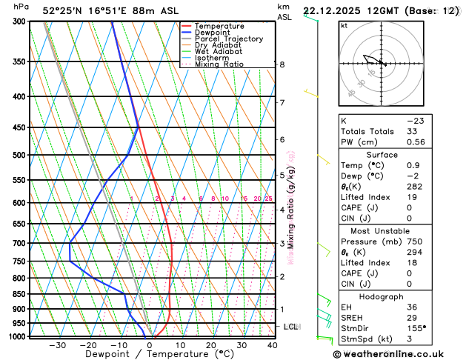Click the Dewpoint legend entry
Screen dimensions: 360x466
point(213,33)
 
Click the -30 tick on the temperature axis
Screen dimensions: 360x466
point(58,345)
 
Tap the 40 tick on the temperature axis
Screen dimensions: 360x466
point(273,345)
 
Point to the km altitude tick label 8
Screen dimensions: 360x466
point(282,64)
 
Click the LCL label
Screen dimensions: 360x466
point(290,327)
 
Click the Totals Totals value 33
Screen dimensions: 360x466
point(412,131)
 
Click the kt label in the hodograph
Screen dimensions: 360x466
point(344,26)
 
